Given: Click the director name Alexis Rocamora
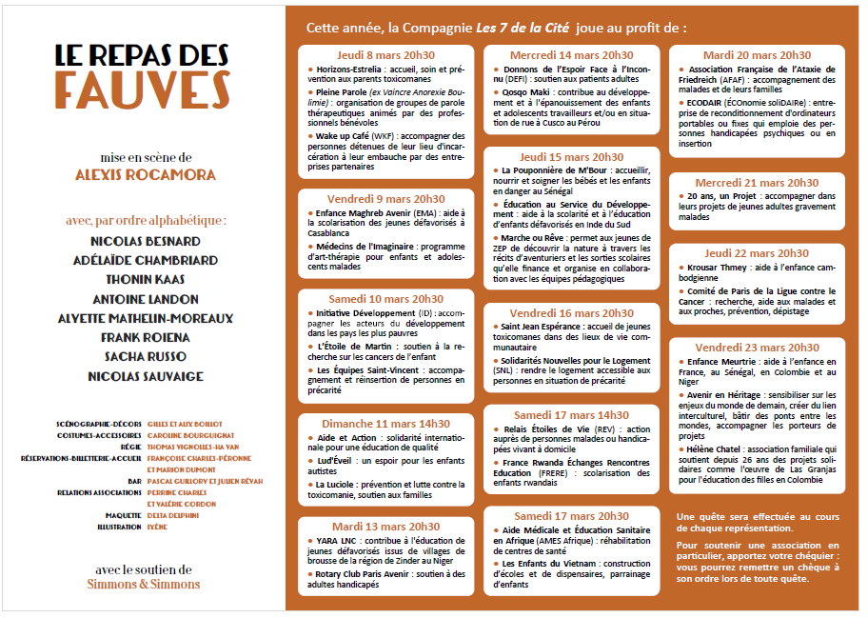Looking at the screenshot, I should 145,174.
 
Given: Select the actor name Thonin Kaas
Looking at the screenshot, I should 145,279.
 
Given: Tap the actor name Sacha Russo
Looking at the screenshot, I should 145,356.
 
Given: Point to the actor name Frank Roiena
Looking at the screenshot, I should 145,337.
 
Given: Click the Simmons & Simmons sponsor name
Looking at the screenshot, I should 143,584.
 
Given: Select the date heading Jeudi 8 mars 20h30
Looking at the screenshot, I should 385,56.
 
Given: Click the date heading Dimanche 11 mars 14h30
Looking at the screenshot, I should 385,423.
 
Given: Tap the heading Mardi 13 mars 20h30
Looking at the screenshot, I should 385,526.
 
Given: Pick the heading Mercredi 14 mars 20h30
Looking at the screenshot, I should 571,56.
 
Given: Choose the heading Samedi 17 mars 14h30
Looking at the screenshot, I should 571,415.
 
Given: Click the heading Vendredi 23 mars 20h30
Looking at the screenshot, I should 757,348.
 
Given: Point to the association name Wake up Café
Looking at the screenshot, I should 344,136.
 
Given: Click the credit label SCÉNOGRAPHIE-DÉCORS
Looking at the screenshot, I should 99,423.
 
